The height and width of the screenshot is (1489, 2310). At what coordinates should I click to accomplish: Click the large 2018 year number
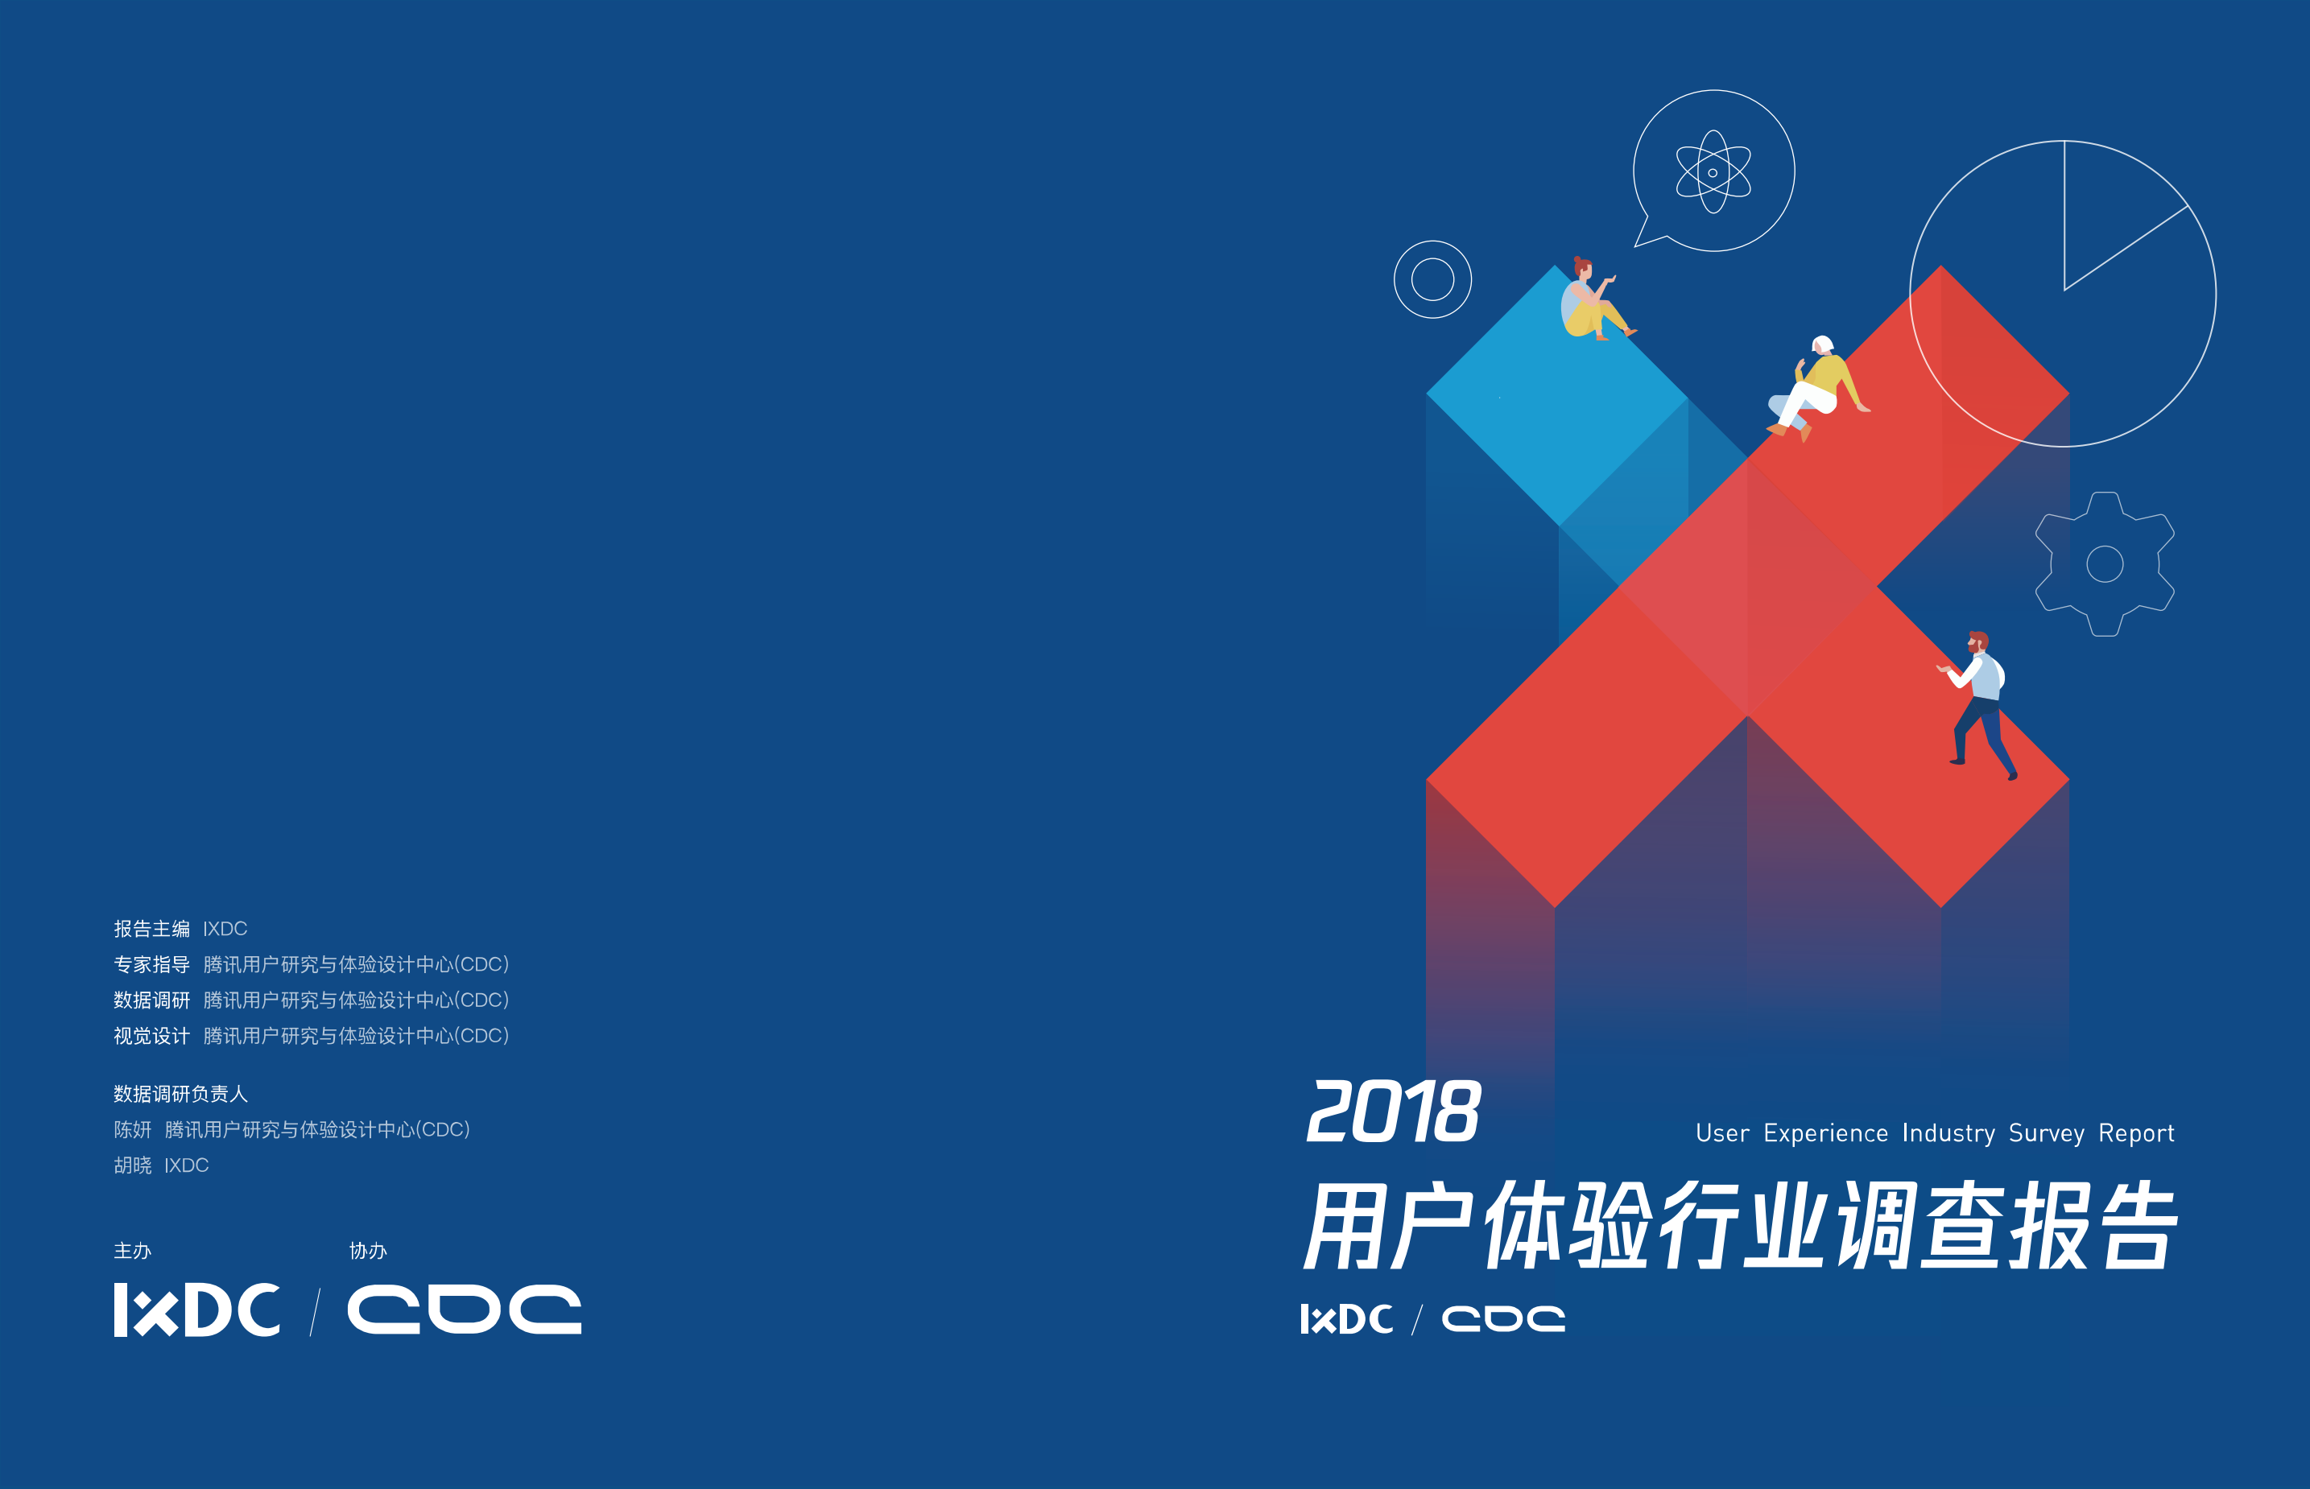(1392, 1111)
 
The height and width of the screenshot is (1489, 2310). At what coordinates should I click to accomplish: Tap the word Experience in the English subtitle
(1824, 1133)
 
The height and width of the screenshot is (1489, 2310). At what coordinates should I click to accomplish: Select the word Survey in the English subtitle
(2046, 1133)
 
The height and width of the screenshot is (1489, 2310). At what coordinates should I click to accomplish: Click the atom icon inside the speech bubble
(1713, 172)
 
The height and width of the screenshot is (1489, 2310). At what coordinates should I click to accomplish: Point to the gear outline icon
(2104, 563)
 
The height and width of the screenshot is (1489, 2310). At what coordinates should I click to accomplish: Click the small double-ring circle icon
(1432, 279)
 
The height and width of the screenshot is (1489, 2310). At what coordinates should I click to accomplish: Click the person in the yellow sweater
(1816, 387)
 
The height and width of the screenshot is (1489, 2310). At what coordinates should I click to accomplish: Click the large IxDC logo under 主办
(197, 1310)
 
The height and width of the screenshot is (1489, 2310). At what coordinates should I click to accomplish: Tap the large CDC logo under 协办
(464, 1310)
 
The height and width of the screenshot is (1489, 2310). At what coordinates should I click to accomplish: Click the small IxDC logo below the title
(1346, 1319)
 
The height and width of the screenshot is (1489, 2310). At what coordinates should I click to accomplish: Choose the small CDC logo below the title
(1502, 1319)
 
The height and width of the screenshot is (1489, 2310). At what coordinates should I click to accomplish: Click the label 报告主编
(152, 929)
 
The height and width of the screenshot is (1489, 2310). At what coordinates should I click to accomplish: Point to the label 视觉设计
(152, 1037)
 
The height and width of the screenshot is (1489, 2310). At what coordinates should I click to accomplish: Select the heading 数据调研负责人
(181, 1095)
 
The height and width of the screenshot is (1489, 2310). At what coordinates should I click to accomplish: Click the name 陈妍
(133, 1130)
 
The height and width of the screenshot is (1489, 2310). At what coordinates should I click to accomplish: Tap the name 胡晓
(133, 1166)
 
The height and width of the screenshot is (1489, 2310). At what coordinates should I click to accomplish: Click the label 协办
(367, 1251)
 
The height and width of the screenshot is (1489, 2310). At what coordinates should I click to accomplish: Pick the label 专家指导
(152, 965)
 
